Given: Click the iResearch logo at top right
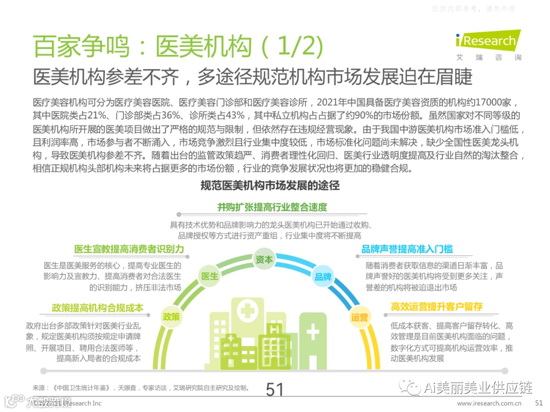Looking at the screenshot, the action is coord(486,40).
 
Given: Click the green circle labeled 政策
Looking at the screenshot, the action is coord(171,316).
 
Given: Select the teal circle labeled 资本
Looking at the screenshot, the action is coord(264,259).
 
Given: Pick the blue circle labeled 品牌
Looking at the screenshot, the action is coord(323,277).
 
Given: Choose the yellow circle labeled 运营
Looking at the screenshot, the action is coord(359,317).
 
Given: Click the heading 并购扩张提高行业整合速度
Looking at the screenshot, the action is coord(272,207).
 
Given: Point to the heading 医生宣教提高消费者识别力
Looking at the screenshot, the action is coord(129,249).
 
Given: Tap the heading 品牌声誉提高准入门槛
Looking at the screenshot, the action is coord(407,249).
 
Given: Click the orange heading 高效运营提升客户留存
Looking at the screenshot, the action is coord(436,307).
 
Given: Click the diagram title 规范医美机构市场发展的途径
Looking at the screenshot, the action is coord(270,185).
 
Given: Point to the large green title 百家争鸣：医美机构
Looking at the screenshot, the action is coord(142,46).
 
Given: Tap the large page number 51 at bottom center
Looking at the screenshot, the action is coord(274,390).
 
